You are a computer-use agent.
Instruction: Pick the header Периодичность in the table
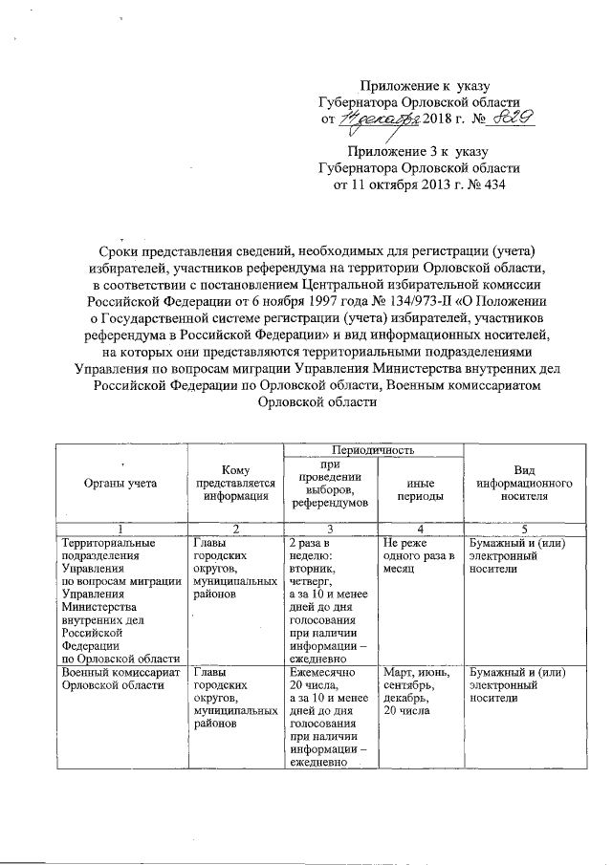coord(373,448)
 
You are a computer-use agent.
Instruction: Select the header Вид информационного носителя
coord(523,484)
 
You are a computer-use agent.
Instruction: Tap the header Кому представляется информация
coord(235,484)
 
